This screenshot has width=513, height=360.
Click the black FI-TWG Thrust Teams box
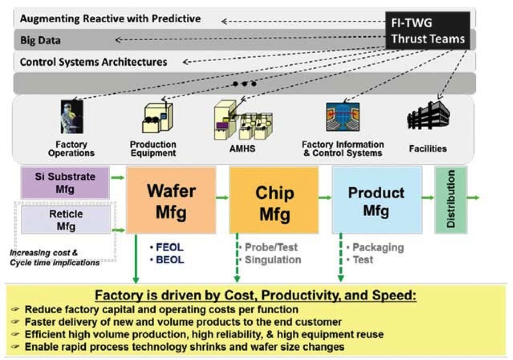click(x=427, y=30)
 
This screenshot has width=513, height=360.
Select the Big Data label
click(x=40, y=40)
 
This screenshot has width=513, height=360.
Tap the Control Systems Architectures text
click(x=93, y=62)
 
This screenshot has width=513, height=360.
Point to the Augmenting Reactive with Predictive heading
click(x=110, y=19)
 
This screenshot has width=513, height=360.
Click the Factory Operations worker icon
click(x=72, y=117)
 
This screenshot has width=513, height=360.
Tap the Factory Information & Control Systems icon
click(x=342, y=117)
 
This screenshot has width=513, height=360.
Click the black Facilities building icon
click(x=428, y=116)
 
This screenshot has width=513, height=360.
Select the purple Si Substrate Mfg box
click(x=65, y=183)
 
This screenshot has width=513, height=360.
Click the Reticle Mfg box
click(x=66, y=220)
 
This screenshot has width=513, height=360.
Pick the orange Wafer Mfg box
click(x=171, y=200)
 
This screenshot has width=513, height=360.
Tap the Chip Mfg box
click(x=274, y=200)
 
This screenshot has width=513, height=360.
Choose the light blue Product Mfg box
click(x=377, y=200)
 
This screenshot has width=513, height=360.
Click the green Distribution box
click(x=451, y=200)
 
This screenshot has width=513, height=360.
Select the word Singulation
click(x=273, y=260)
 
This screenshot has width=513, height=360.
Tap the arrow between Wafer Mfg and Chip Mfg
click(x=222, y=198)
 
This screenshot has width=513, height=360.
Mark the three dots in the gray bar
click(x=244, y=83)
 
